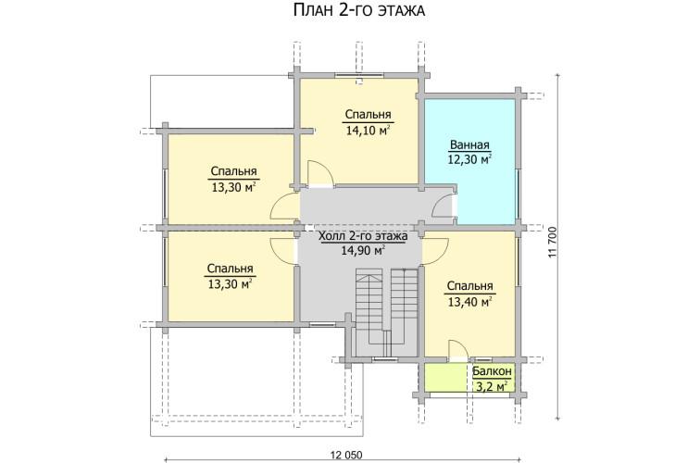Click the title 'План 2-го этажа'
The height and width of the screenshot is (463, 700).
pos(358,10)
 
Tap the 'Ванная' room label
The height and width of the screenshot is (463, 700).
pos(469,145)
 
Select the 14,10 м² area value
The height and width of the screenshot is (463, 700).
pos(369,130)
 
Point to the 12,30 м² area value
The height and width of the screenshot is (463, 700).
pos(469,159)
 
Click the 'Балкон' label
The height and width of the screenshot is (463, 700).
pos(492,371)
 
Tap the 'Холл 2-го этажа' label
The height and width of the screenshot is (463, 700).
pos(363,236)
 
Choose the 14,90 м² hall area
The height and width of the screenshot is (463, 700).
pos(363,250)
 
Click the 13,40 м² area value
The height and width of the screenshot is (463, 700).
pos(469,302)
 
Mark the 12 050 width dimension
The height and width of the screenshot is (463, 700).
pos(346,455)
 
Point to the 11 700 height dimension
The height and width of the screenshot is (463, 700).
pos(553,243)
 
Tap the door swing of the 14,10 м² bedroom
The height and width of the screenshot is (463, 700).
pos(320,172)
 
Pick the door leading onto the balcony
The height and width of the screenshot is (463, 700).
pos(457,351)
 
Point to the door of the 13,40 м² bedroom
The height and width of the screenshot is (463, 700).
pos(435,252)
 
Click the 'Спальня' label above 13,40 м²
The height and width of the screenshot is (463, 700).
pos(469,286)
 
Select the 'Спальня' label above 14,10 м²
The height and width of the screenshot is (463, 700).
pos(368,115)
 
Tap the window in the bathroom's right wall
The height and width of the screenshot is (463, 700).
pos(519,196)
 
